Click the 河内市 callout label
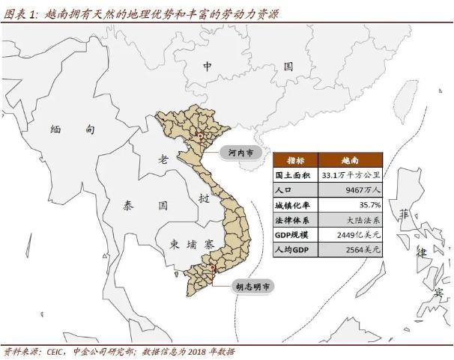(240, 153)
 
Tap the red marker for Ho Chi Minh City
(214, 268)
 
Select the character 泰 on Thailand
(127, 204)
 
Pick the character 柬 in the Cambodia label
(175, 245)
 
